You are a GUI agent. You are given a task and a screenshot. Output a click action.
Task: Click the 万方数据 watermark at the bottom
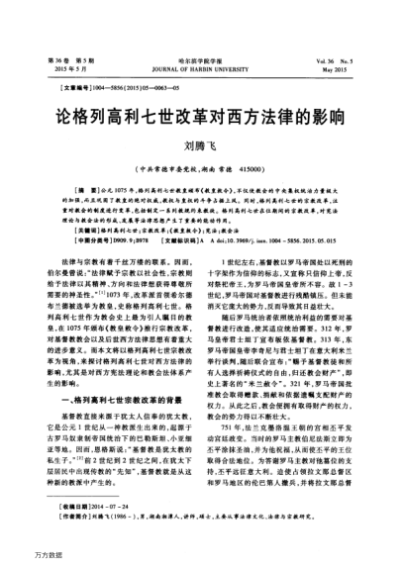pos(22,557)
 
